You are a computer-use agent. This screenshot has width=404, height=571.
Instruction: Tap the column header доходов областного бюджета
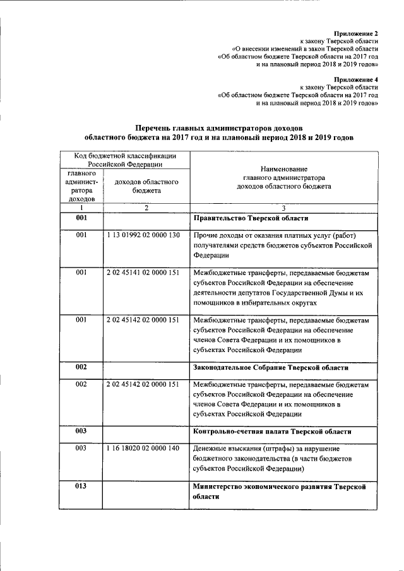[x=146, y=185]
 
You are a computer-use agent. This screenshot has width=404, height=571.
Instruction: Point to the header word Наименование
[x=283, y=169]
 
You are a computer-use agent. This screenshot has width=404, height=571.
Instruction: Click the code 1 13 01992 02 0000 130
[x=144, y=236]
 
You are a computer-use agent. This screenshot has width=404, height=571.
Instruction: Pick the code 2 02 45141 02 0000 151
[x=144, y=272]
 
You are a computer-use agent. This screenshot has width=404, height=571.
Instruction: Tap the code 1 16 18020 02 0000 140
[x=144, y=448]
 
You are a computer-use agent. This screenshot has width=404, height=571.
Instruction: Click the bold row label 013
[x=81, y=487]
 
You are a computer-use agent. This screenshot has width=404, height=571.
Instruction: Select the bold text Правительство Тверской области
[x=251, y=218]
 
